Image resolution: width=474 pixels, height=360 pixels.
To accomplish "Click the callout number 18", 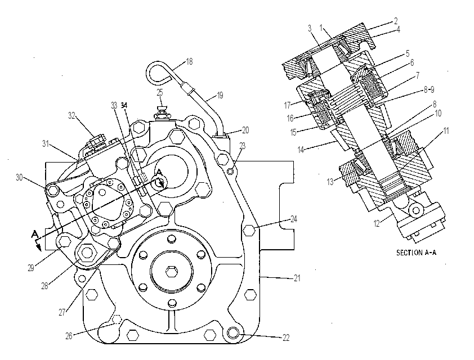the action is point(189,62).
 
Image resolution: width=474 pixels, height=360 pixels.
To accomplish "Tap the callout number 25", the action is point(160,92).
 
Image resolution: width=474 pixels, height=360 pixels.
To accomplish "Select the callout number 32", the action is point(71,116).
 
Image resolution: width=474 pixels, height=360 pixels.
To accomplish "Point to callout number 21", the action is point(297,278).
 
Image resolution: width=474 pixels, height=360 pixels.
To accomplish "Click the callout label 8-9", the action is point(428,89).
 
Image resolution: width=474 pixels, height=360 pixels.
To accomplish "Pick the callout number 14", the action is point(301,149).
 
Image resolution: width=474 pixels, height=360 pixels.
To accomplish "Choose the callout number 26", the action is point(69,336).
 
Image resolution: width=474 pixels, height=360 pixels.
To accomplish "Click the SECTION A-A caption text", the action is point(416,253).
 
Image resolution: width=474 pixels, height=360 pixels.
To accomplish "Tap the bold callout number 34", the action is point(124,105).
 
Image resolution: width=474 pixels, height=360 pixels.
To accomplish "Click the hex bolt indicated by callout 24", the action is point(249,231).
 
